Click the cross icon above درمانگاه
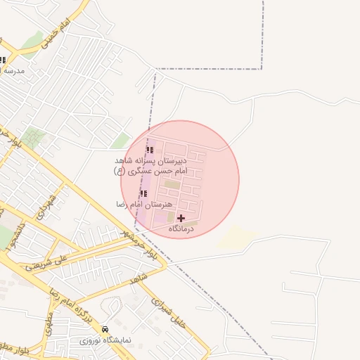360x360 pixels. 181,219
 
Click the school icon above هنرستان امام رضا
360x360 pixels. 143,193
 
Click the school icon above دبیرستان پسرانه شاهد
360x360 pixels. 149,150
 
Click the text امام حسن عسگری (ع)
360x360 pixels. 150,171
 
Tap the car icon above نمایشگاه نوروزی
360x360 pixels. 105,329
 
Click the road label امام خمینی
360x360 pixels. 56,34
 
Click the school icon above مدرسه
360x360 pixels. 2,60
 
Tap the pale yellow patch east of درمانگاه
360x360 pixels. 236,238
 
